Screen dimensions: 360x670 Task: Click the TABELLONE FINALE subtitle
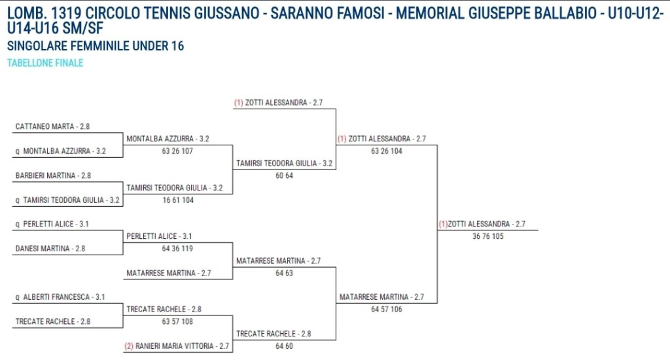point(45,63)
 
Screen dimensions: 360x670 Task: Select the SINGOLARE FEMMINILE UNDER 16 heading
point(96,46)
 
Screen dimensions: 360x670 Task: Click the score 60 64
point(284,175)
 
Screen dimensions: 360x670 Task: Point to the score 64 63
point(284,273)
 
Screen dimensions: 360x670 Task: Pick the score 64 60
point(284,346)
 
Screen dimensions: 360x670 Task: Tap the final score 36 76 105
point(488,236)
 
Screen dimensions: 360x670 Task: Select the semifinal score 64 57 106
point(387,310)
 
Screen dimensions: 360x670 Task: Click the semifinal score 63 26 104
point(387,151)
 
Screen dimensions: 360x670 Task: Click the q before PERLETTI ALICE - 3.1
point(18,224)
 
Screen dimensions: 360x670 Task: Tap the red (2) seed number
point(129,346)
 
